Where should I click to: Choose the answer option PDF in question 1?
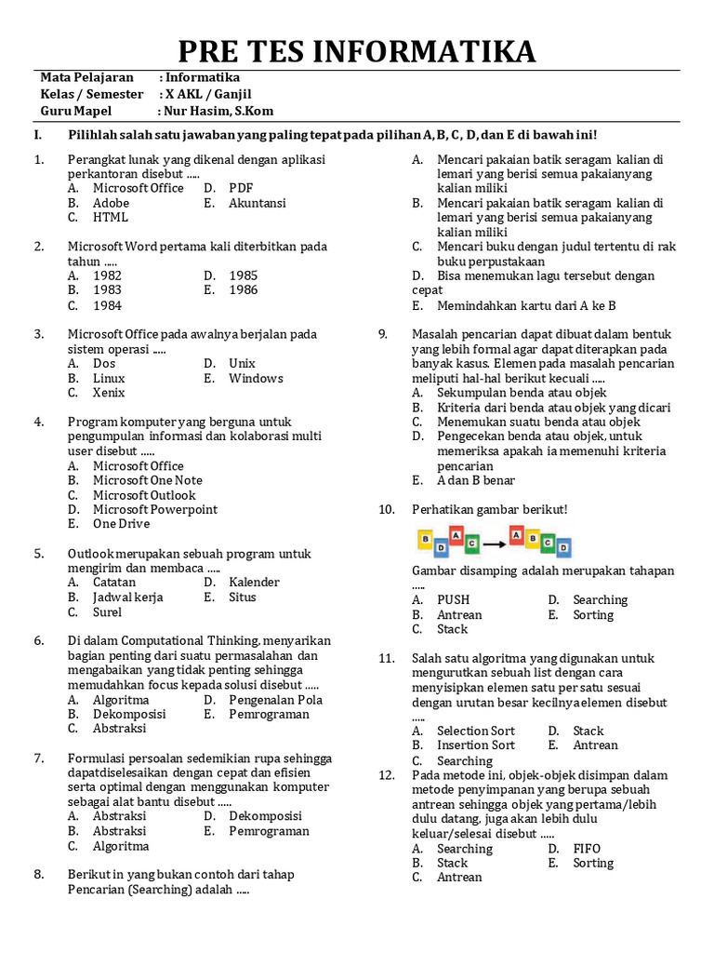(241, 188)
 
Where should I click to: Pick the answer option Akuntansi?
(258, 203)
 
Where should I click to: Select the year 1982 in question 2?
(107, 275)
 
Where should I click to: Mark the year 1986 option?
(244, 290)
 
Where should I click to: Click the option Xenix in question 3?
(109, 394)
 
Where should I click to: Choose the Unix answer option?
(242, 364)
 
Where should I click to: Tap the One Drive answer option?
(121, 524)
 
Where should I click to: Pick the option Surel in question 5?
(107, 612)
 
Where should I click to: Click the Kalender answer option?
(254, 583)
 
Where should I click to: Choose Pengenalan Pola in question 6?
(275, 700)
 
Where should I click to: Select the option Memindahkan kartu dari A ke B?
(526, 305)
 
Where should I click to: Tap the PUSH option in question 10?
(453, 600)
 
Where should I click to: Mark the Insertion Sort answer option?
(475, 745)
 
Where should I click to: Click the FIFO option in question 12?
(587, 849)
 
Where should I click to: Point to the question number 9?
(382, 334)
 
